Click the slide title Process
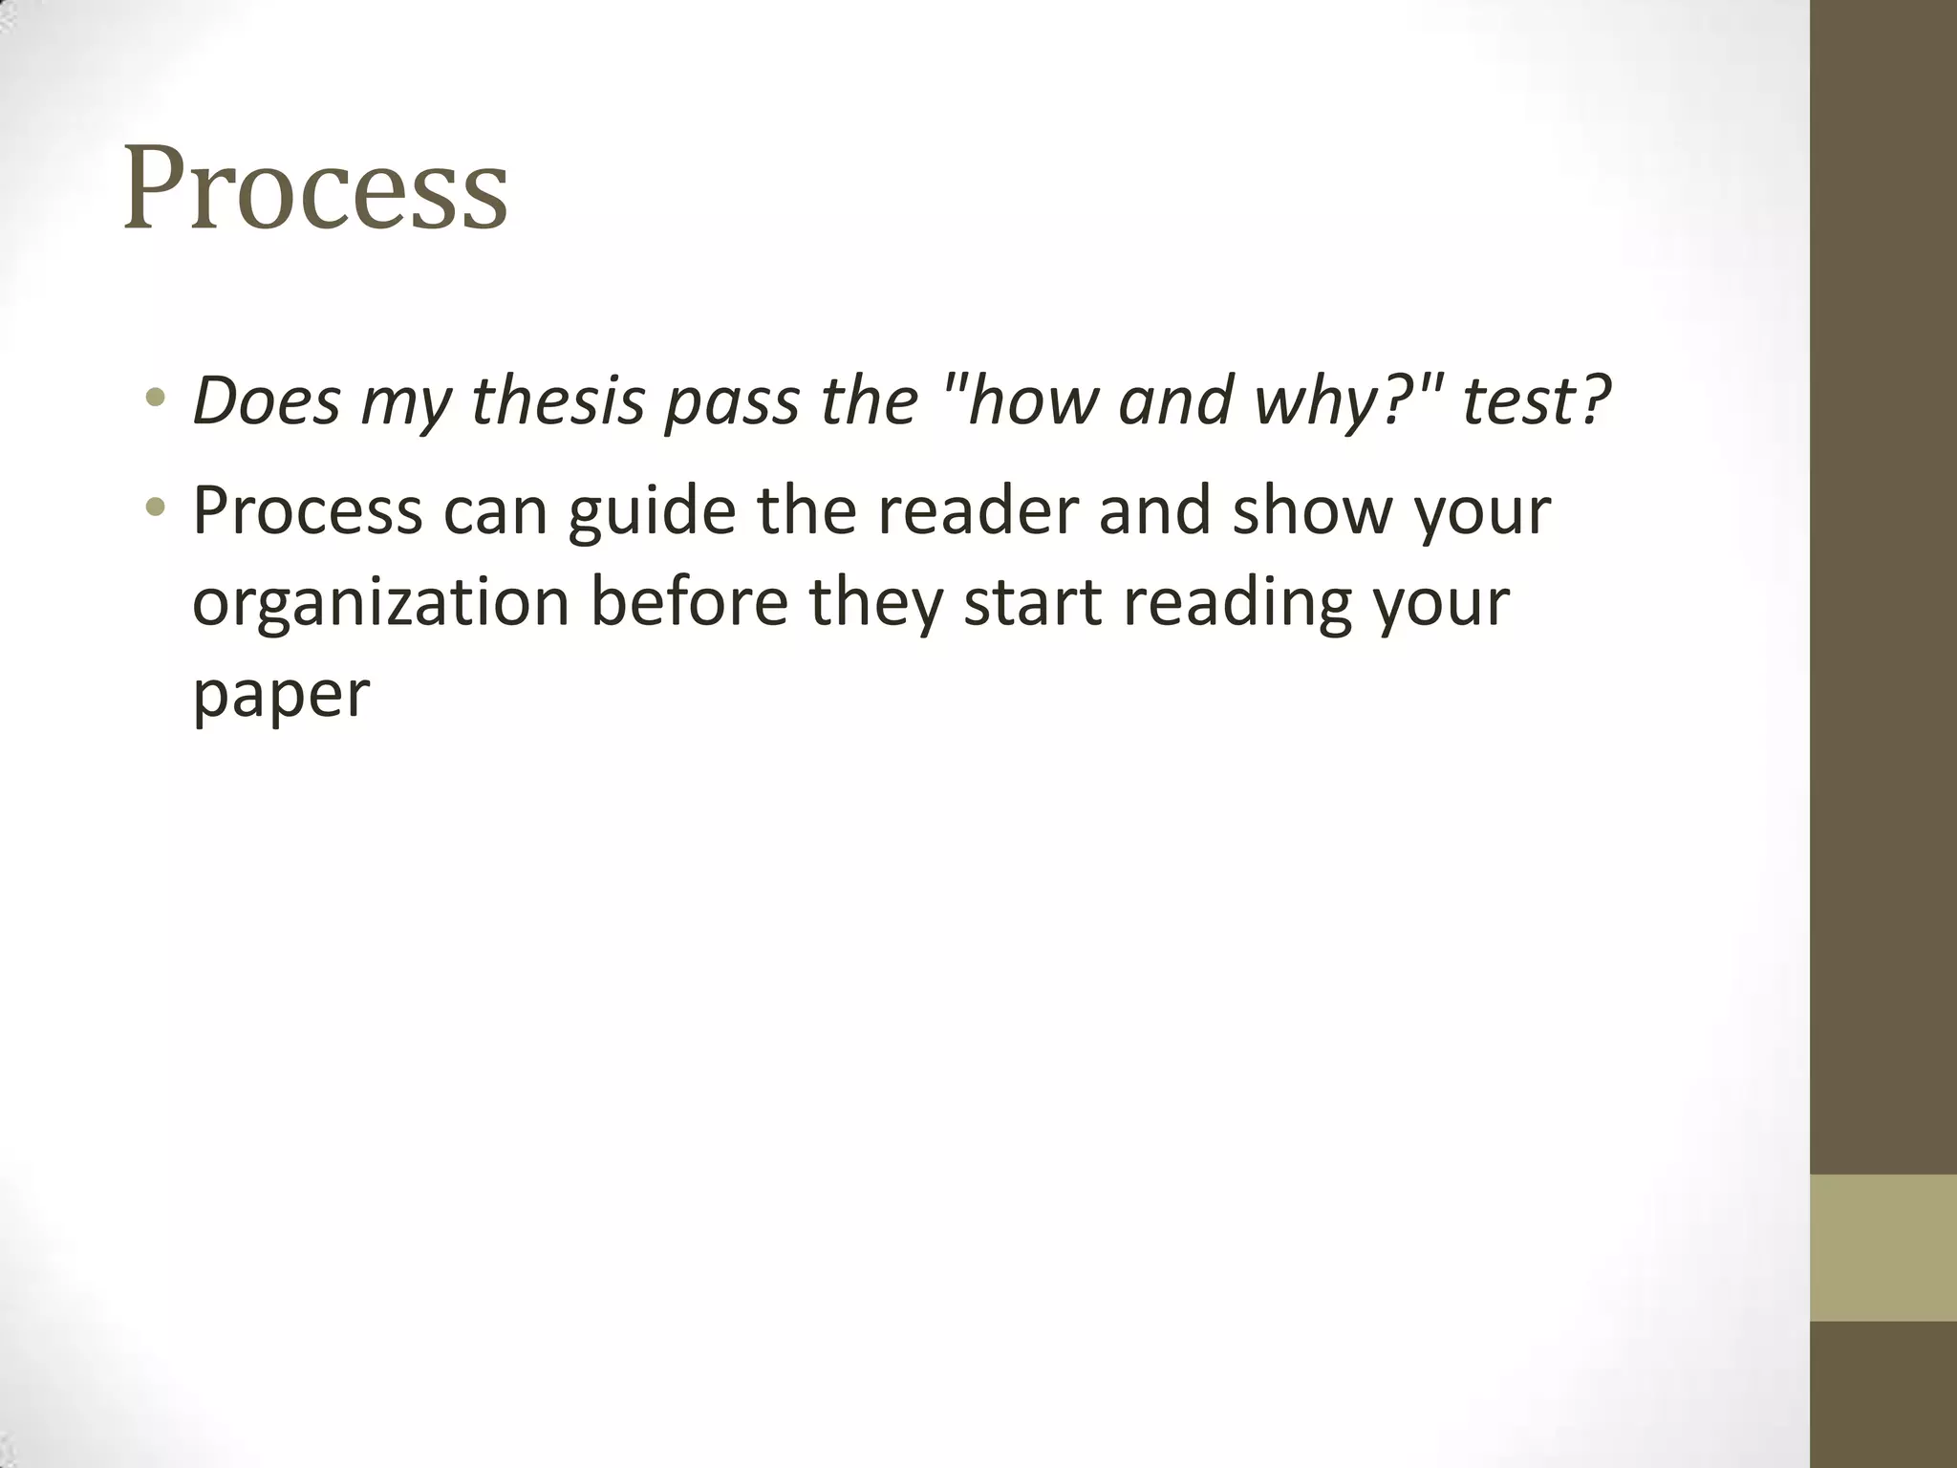click(x=315, y=188)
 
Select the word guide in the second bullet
click(x=652, y=510)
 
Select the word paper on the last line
click(x=281, y=695)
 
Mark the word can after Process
click(x=495, y=512)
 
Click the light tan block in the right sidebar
click(x=1883, y=1247)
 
